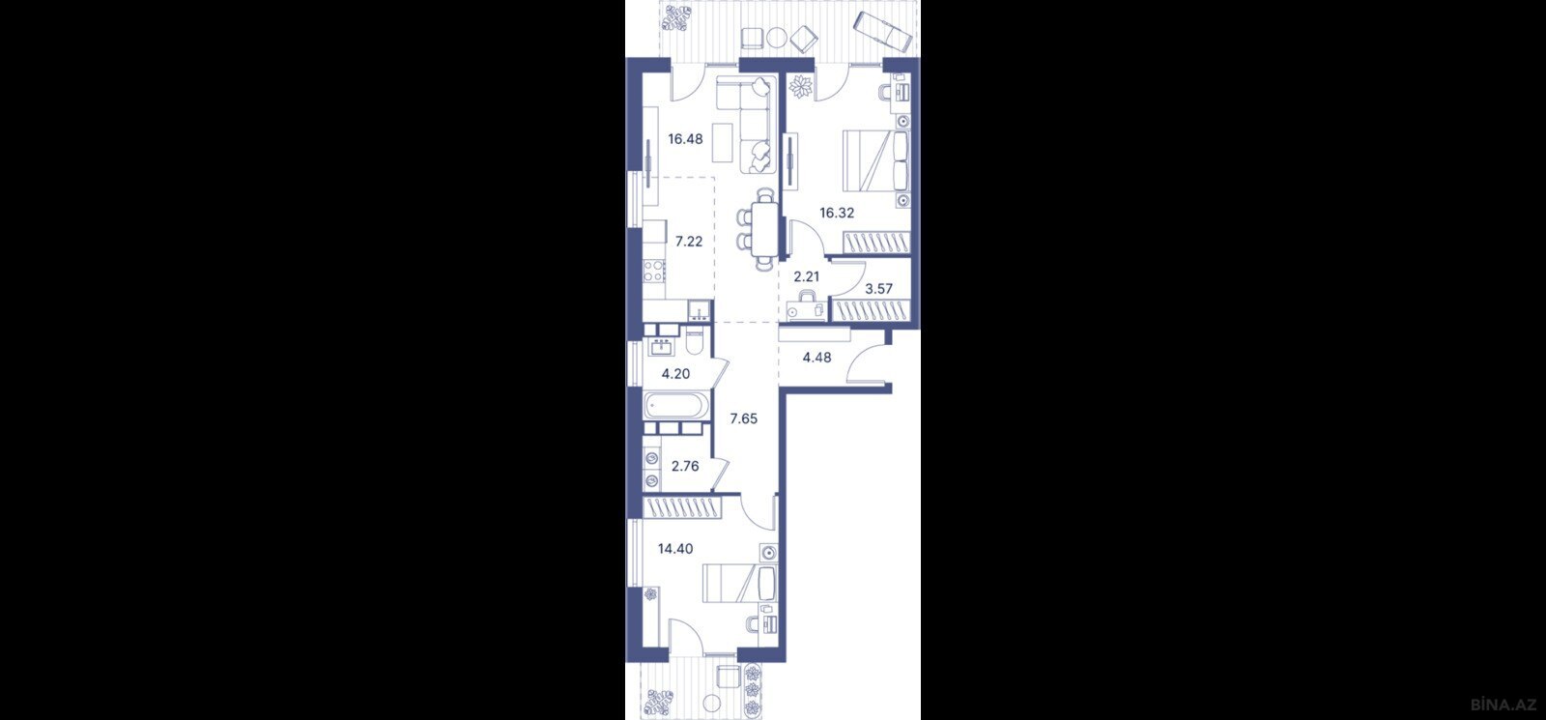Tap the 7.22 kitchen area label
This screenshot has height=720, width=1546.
(x=206, y=241)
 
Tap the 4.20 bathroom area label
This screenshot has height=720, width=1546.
(x=192, y=374)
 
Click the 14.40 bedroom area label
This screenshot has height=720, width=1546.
(x=192, y=549)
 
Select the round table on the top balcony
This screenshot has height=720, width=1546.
(x=778, y=37)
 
